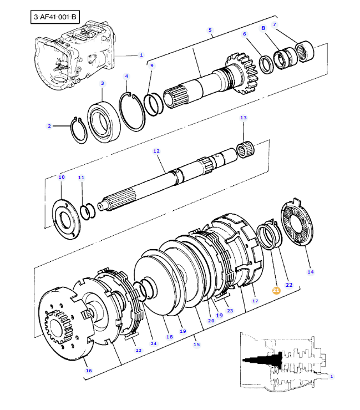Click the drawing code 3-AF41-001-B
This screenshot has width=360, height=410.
[55, 17]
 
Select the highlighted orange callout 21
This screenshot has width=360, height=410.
[276, 290]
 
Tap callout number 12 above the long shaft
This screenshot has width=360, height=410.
[156, 151]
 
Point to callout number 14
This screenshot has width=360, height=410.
[310, 272]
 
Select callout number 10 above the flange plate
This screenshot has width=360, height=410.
[61, 177]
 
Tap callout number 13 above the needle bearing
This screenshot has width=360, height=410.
[242, 118]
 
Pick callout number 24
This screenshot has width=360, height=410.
[154, 343]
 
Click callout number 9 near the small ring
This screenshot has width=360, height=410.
[151, 65]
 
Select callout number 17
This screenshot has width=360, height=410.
[255, 301]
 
